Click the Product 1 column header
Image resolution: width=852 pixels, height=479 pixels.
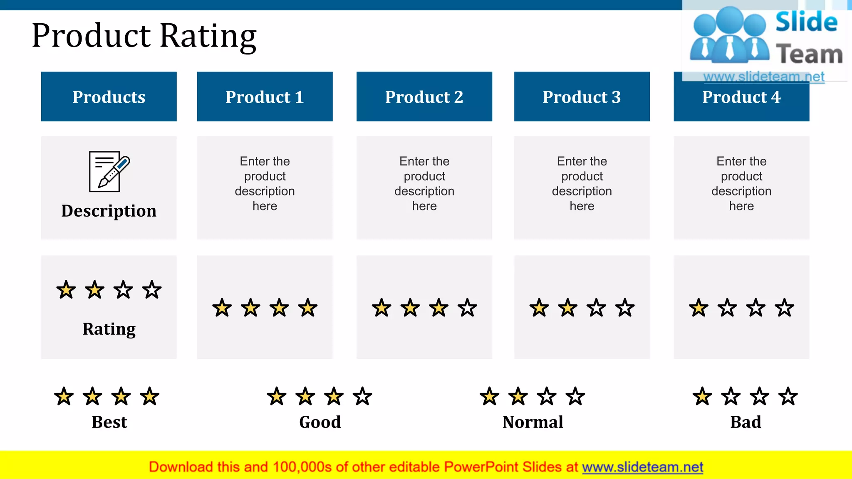tap(265, 96)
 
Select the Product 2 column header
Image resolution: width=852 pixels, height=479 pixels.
tap(424, 96)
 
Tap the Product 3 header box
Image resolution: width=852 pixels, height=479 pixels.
tap(582, 96)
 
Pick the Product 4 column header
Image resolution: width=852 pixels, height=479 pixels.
tap(741, 97)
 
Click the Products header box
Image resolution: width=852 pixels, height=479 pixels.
tap(109, 96)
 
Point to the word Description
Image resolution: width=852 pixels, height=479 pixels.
tap(109, 211)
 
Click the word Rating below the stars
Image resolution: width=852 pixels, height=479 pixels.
tap(109, 329)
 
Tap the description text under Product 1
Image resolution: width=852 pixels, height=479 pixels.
tap(265, 183)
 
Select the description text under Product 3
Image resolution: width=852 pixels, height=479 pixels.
tap(582, 183)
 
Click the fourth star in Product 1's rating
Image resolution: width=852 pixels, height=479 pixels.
tap(308, 308)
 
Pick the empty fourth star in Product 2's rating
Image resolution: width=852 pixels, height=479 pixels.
tap(467, 308)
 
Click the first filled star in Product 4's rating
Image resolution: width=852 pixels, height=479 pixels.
tap(698, 308)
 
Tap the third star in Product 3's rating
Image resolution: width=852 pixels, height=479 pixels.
tap(596, 308)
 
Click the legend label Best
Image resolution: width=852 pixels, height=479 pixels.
tap(109, 422)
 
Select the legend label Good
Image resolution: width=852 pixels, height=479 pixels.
tap(320, 422)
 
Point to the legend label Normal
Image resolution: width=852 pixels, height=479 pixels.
tap(533, 422)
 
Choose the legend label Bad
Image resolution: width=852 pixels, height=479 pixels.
tap(745, 422)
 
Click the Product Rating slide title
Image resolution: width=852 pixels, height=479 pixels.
tap(144, 36)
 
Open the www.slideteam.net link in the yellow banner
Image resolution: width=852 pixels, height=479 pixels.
tap(642, 467)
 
